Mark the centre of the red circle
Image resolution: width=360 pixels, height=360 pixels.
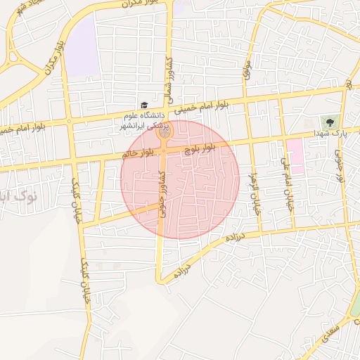pyautogui.click(x=180, y=179)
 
